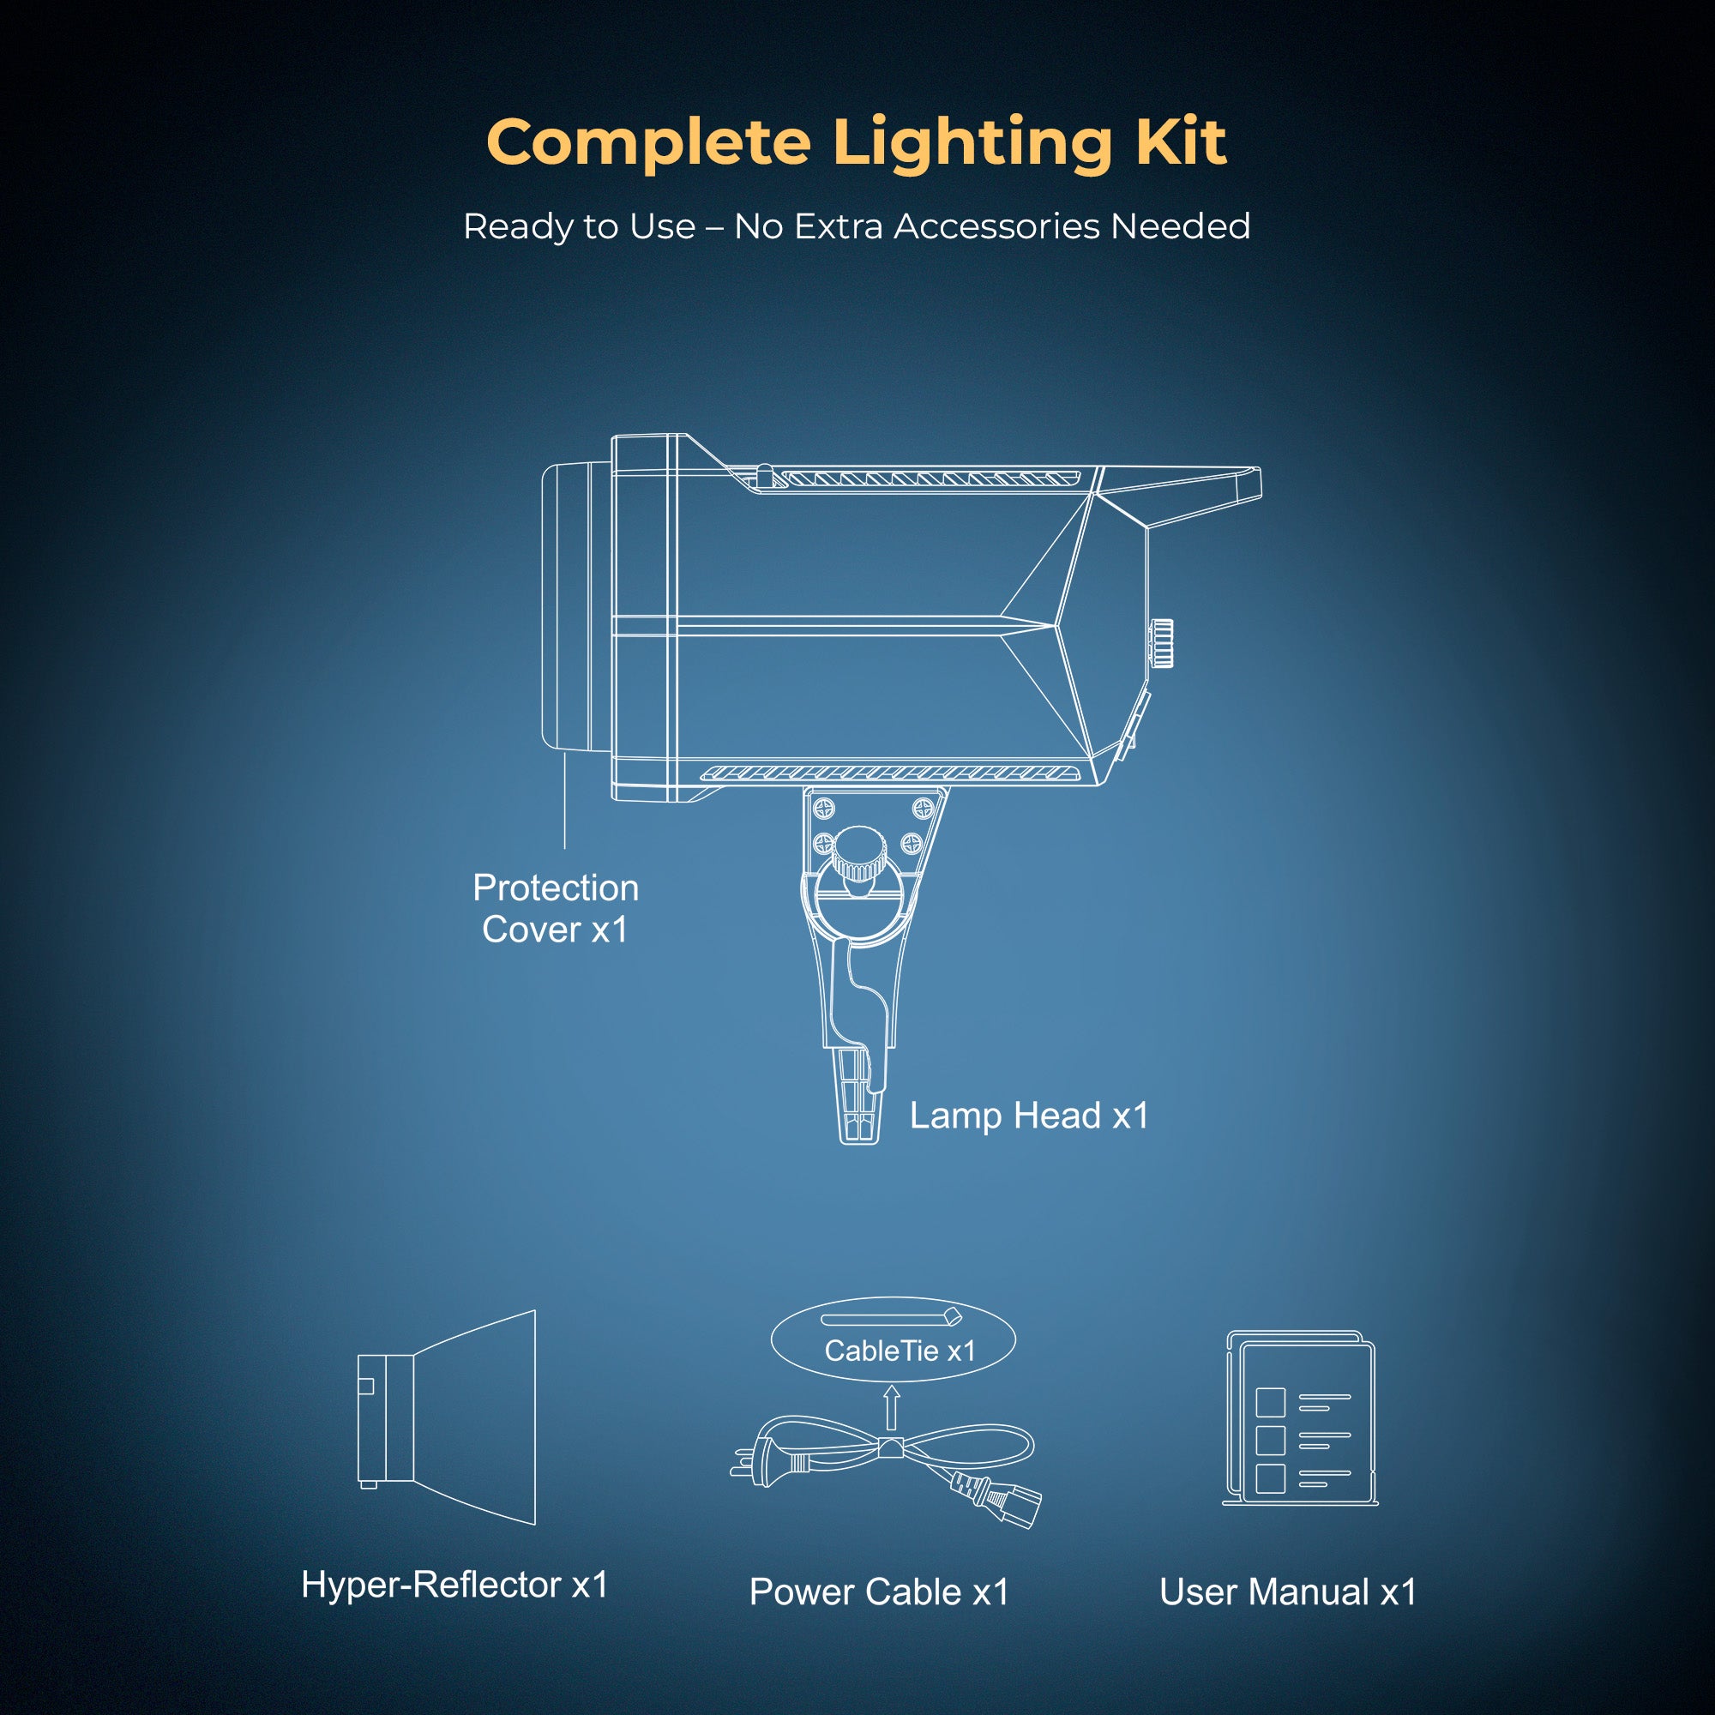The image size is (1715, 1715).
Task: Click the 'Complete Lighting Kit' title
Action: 857,143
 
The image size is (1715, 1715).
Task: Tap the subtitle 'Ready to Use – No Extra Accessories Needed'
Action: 857,227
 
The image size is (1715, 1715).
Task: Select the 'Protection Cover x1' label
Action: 556,909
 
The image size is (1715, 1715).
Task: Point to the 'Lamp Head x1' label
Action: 1029,1116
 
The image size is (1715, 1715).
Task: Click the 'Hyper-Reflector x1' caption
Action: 454,1585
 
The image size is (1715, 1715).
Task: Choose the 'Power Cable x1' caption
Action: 879,1592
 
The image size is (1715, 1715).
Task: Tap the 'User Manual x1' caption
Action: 1287,1592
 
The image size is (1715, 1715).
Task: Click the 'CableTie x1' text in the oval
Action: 900,1351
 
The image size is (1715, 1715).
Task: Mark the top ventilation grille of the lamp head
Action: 928,479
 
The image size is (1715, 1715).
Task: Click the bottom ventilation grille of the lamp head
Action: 892,773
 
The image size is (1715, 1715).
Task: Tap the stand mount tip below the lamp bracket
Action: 859,1105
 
